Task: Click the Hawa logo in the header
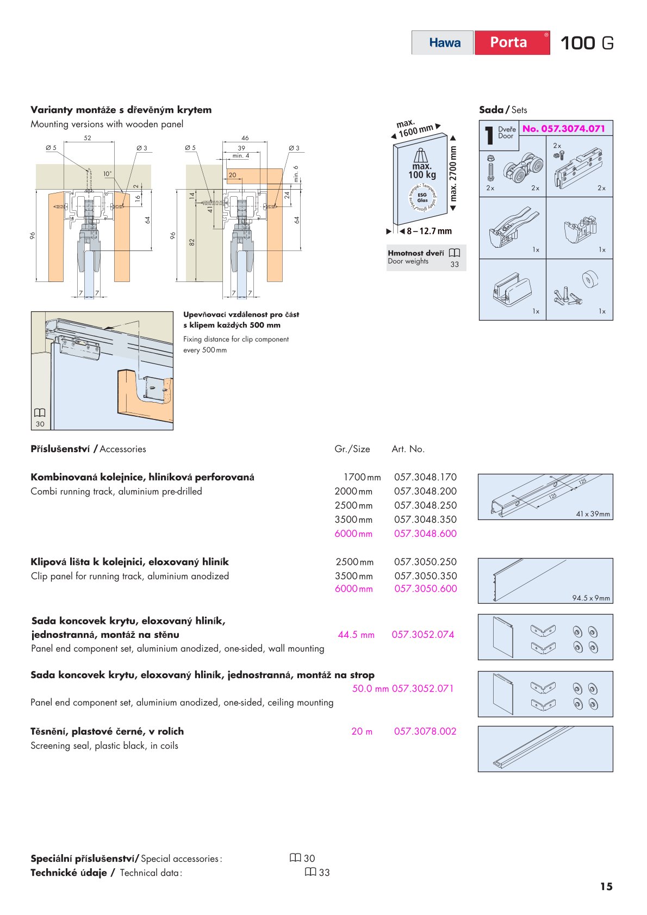pos(444,43)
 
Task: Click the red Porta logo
pos(509,42)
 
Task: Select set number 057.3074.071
pos(563,129)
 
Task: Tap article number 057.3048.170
pos(425,477)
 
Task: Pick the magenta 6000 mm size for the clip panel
pos(353,588)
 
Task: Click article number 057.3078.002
pos(425,731)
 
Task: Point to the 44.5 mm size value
pos(356,635)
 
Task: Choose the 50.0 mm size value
pos(370,688)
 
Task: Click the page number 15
pos(606,887)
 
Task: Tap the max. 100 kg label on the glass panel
pos(422,171)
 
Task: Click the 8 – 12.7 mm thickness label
pos(429,231)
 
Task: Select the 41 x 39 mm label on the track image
pos(593,514)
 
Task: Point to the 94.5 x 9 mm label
pos(591,598)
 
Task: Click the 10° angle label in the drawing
pos(108,174)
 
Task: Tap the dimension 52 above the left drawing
pos(88,138)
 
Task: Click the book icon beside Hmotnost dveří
pos(455,253)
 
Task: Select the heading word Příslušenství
pos(60,449)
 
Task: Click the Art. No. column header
pos(408,449)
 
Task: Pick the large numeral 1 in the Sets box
pos(489,135)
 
